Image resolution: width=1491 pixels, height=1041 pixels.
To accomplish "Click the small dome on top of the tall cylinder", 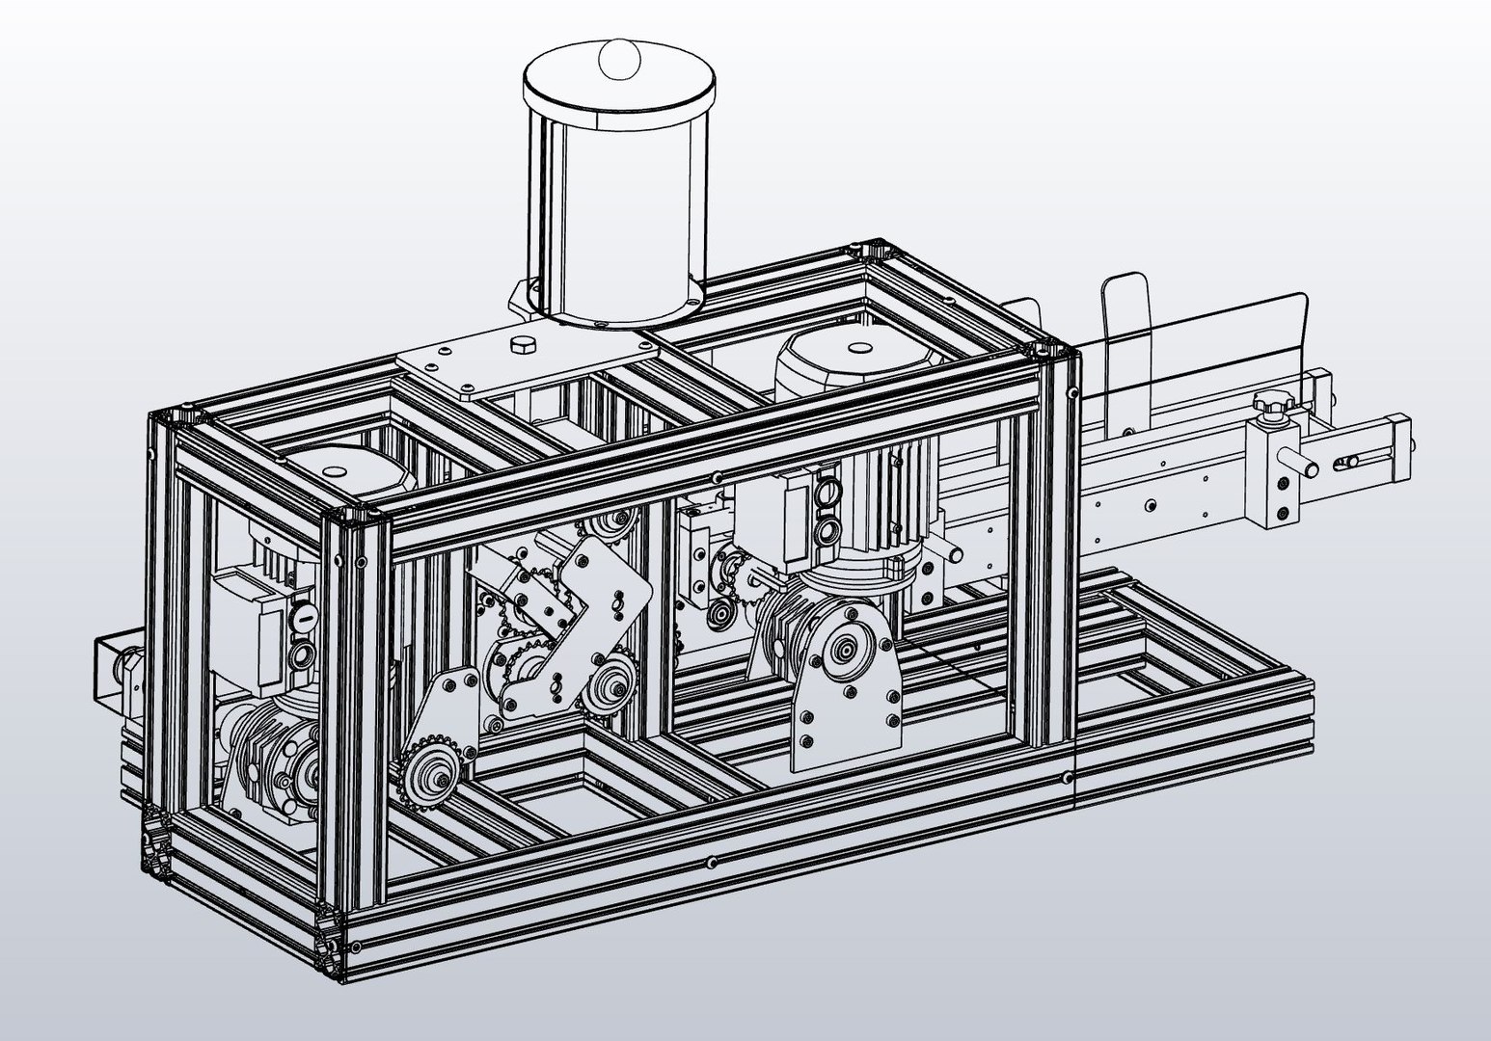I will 619,58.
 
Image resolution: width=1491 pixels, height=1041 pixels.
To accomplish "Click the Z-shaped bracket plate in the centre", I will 585,617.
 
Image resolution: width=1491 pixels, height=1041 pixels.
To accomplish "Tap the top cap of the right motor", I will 854,346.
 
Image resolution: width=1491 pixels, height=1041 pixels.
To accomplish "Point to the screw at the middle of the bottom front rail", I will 712,861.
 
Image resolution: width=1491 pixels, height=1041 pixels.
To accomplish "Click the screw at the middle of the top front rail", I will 715,478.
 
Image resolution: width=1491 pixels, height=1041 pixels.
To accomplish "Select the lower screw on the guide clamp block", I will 1281,512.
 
